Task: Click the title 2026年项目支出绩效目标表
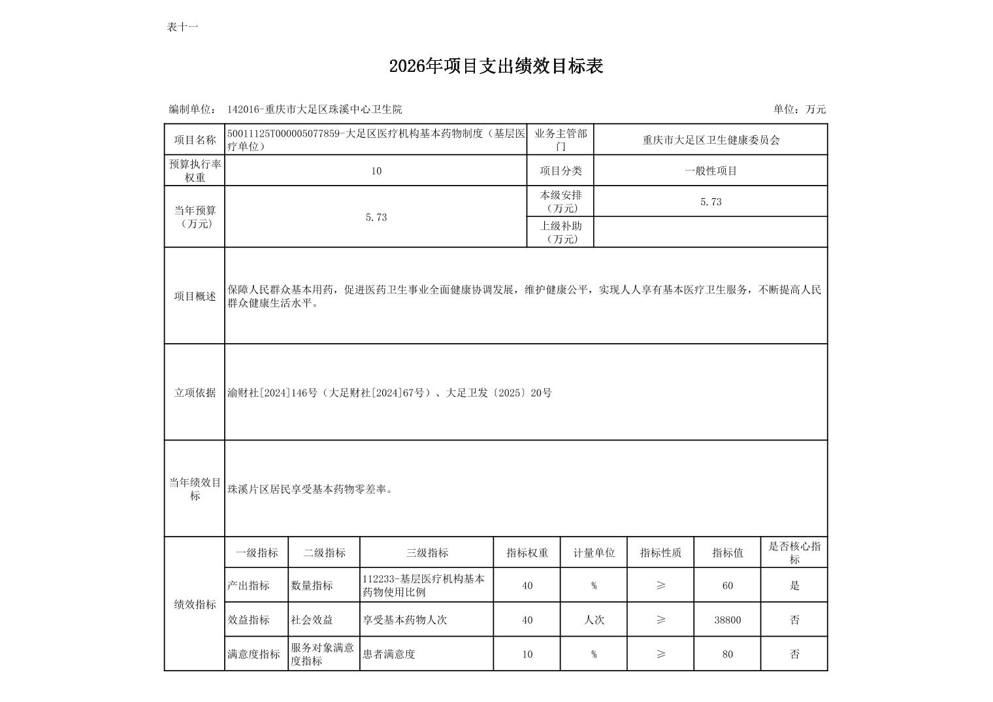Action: pos(496,66)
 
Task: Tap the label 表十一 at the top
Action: pos(182,27)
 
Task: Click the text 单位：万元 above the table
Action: pos(799,109)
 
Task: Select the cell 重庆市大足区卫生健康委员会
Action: pos(710,140)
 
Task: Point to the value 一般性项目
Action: pos(710,171)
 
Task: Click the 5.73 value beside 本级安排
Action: pos(710,202)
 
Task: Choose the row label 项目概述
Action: pos(195,296)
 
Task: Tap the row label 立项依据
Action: pos(195,393)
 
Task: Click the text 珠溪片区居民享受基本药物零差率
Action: pos(310,489)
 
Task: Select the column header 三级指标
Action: pos(427,553)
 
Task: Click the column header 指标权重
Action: pos(527,553)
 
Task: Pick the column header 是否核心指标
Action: pos(794,553)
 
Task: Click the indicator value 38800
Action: pos(727,620)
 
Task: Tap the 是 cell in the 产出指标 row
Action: pos(794,586)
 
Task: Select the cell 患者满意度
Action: pos(389,654)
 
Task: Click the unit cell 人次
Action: pos(593,620)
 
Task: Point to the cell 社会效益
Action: pos(312,620)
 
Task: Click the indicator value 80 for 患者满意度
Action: pos(727,654)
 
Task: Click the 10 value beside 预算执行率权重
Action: pos(376,171)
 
